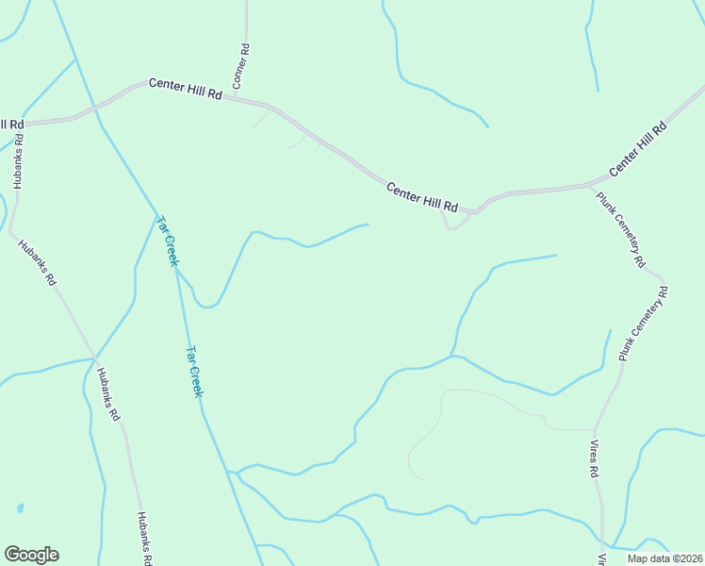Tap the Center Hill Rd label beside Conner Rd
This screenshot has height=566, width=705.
click(x=185, y=91)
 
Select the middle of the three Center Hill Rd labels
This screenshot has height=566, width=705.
click(x=422, y=196)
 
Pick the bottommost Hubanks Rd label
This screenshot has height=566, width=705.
click(x=143, y=538)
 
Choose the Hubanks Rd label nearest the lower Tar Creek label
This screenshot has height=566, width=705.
click(x=107, y=393)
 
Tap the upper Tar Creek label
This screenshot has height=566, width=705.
click(x=167, y=241)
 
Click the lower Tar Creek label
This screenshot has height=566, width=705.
click(x=193, y=371)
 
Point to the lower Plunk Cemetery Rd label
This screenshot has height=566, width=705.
click(x=643, y=325)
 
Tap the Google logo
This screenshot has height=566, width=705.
click(x=31, y=555)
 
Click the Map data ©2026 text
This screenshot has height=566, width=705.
click(x=664, y=558)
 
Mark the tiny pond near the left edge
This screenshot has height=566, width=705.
click(x=19, y=508)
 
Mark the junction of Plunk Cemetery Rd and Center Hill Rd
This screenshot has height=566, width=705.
click(x=589, y=184)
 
